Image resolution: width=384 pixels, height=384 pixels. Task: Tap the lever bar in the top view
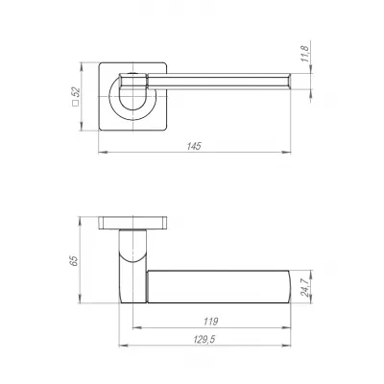coord(230,78)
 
